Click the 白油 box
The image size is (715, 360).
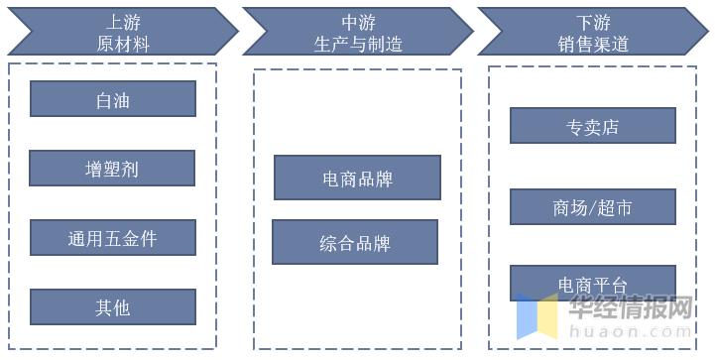click(112, 99)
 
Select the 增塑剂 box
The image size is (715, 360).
click(112, 169)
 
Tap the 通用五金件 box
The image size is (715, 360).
click(112, 238)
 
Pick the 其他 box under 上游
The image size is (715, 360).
click(112, 307)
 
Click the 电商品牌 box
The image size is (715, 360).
click(357, 179)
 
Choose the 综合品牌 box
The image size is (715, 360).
click(355, 242)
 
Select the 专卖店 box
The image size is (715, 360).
click(592, 126)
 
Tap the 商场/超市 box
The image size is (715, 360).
click(592, 206)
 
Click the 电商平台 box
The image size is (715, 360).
click(592, 284)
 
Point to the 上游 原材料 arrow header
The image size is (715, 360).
click(119, 32)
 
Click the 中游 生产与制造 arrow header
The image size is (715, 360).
click(357, 32)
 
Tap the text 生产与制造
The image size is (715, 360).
click(357, 44)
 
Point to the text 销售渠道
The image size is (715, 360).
click(593, 44)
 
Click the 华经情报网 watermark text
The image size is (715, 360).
click(629, 309)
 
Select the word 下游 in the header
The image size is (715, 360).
click(593, 21)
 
